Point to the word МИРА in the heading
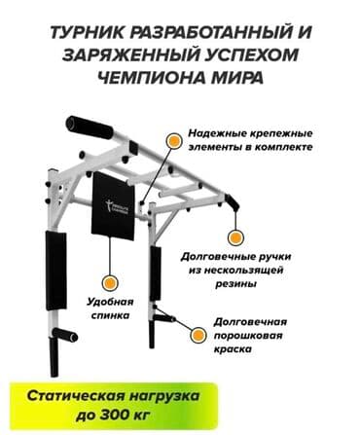(x=237, y=79)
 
